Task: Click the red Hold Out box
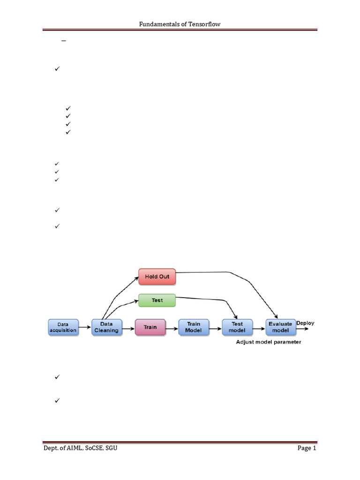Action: pyautogui.click(x=157, y=277)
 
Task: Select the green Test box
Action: pyautogui.click(x=157, y=300)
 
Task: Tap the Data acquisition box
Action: pyautogui.click(x=63, y=327)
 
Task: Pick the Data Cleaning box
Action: pyautogui.click(x=107, y=327)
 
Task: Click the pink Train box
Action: pyautogui.click(x=150, y=327)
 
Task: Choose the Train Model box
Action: pyautogui.click(x=194, y=327)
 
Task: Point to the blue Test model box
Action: pyautogui.click(x=237, y=327)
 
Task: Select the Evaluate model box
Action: pyautogui.click(x=281, y=327)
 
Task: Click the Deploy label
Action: pyautogui.click(x=305, y=323)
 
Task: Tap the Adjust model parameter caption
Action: pyautogui.click(x=269, y=342)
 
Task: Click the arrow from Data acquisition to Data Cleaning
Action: pyautogui.click(x=85, y=327)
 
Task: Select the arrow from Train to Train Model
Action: pyautogui.click(x=172, y=329)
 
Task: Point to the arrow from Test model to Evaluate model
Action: pyautogui.click(x=259, y=329)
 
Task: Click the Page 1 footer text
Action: pyautogui.click(x=307, y=448)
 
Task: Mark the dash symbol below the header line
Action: pyautogui.click(x=64, y=41)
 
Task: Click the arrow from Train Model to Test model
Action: pyautogui.click(x=216, y=329)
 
